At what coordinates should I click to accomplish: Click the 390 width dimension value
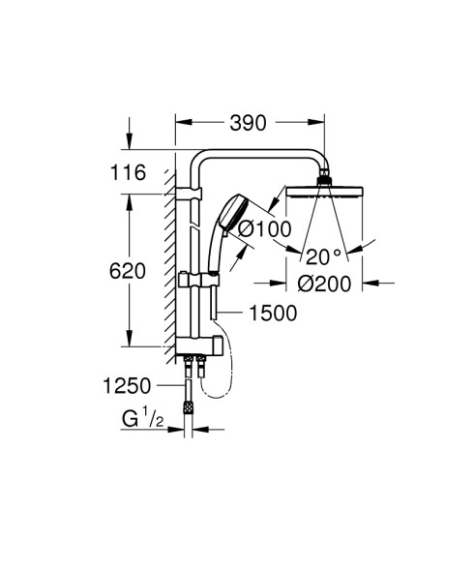coord(249,124)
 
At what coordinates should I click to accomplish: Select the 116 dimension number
coord(128,172)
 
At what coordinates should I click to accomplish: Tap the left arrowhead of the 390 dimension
coord(181,124)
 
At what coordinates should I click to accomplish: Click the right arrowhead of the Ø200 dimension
coord(367,283)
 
